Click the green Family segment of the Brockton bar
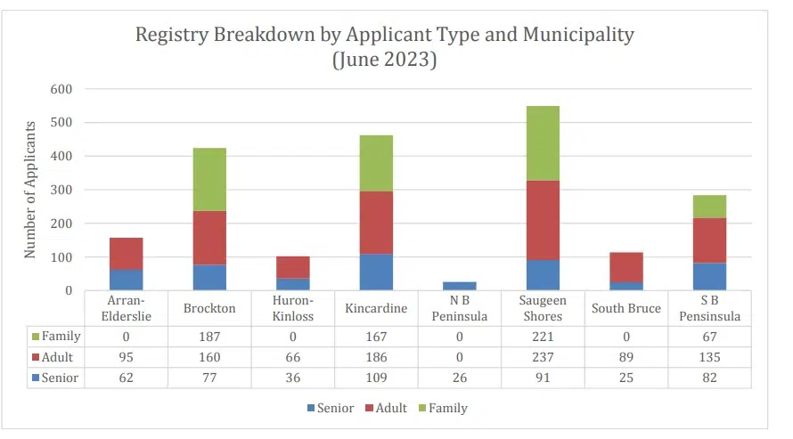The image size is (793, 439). [210, 179]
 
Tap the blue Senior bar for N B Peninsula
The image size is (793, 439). [460, 286]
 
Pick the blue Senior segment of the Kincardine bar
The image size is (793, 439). [376, 272]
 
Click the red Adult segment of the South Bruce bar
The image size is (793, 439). [626, 267]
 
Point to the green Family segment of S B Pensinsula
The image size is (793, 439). [709, 207]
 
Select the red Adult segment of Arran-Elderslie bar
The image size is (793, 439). [127, 254]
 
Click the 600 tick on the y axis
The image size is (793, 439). [61, 89]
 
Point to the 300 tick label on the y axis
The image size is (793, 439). [61, 190]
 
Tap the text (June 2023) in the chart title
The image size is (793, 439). [384, 61]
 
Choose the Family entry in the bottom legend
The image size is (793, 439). [442, 408]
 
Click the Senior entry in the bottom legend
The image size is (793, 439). [330, 408]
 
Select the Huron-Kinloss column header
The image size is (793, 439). [293, 308]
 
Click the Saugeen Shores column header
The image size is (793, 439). [543, 308]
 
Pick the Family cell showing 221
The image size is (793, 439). [543, 337]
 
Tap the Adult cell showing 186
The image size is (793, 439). [376, 357]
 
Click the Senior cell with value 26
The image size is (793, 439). [460, 378]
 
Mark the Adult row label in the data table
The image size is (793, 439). [55, 357]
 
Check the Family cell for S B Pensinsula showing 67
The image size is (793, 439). [709, 337]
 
